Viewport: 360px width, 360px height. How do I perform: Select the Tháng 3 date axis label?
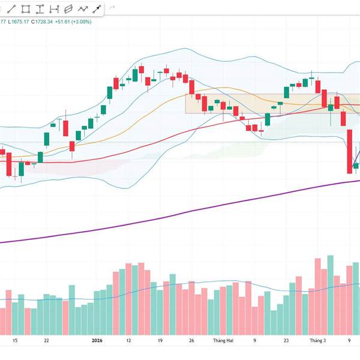[x=317, y=340]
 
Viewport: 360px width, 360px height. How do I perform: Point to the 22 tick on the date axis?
[x=46, y=340]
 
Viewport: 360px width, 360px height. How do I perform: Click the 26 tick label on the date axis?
[x=191, y=340]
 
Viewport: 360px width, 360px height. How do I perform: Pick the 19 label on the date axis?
[x=159, y=340]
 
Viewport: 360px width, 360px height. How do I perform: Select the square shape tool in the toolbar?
[x=26, y=9]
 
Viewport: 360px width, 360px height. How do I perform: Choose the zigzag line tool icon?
[x=82, y=9]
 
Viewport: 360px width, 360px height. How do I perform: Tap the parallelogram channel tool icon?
[x=68, y=9]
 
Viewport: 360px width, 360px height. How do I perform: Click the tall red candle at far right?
[x=349, y=150]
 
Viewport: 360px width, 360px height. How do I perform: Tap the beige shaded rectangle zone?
[x=252, y=103]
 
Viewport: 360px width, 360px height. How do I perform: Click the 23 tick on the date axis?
[x=286, y=340]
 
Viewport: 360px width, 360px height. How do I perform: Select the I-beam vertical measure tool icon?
[x=54, y=9]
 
